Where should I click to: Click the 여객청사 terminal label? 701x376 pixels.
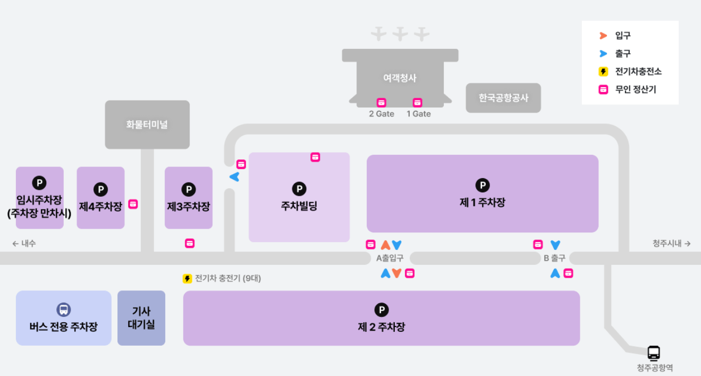400,78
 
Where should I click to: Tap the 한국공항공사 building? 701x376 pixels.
503,98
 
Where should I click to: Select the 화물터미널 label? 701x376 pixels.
147,124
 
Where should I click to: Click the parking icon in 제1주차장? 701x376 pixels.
483,185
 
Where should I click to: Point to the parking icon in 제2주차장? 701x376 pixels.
381,310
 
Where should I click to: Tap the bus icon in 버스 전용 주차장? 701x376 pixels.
64,310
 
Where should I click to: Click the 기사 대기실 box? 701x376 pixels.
141,318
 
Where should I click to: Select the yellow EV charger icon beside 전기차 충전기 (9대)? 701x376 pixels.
187,278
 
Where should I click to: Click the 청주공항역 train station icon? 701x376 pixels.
654,353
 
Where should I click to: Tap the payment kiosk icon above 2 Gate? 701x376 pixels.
382,103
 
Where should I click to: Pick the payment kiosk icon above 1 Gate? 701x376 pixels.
418,103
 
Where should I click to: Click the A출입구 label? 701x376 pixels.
390,258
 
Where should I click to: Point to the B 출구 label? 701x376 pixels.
554,258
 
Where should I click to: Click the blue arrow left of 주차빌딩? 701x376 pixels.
234,177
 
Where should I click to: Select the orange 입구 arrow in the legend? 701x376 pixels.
603,36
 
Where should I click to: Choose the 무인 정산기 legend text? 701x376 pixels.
635,89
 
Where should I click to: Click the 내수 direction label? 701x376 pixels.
24,244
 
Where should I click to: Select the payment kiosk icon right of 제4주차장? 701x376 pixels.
133,204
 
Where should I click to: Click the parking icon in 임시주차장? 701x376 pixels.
39,183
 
